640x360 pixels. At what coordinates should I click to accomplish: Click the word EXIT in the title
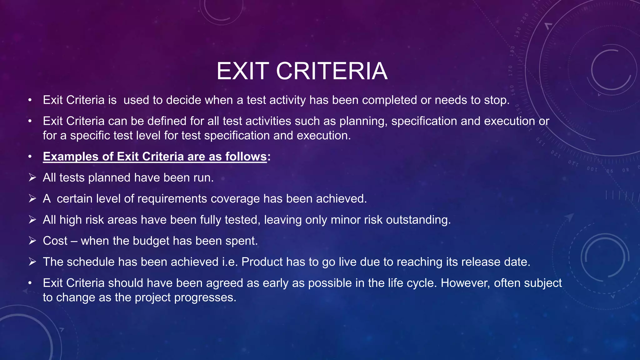tap(242, 71)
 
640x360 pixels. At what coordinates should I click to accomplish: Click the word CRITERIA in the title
tap(332, 71)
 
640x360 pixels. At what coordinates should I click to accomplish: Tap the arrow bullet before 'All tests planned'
tap(32, 178)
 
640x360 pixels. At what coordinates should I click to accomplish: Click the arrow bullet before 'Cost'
tap(32, 241)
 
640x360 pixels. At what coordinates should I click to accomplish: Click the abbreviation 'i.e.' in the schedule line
tap(230, 262)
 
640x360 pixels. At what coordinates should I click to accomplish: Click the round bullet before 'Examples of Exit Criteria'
tap(30, 157)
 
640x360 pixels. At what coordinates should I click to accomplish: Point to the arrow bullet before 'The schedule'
tap(32, 262)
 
